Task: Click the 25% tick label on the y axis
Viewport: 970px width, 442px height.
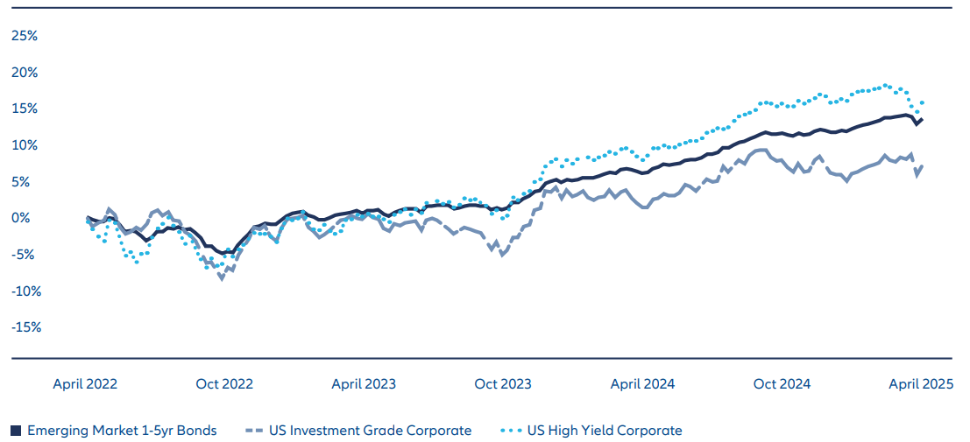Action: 24,36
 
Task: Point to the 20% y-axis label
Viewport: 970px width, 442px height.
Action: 24,73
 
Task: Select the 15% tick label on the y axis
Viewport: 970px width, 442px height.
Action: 24,109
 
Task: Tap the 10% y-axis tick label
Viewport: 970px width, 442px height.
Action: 24,145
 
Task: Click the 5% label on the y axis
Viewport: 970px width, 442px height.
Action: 26,182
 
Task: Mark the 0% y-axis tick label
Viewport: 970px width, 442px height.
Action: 26,218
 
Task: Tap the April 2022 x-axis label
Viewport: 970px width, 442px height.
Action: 85,383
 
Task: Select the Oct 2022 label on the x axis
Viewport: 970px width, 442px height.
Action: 224,383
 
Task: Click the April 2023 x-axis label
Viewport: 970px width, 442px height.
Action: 364,383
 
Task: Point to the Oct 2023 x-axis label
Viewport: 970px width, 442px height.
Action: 502,383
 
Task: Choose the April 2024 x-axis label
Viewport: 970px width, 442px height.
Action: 642,383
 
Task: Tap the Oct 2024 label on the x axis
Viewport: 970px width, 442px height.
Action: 782,383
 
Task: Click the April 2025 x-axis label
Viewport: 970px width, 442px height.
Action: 920,383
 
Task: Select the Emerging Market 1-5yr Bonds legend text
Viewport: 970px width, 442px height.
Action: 122,430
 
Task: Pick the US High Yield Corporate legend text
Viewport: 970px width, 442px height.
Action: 605,430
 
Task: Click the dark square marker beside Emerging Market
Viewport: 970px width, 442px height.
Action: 16,430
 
